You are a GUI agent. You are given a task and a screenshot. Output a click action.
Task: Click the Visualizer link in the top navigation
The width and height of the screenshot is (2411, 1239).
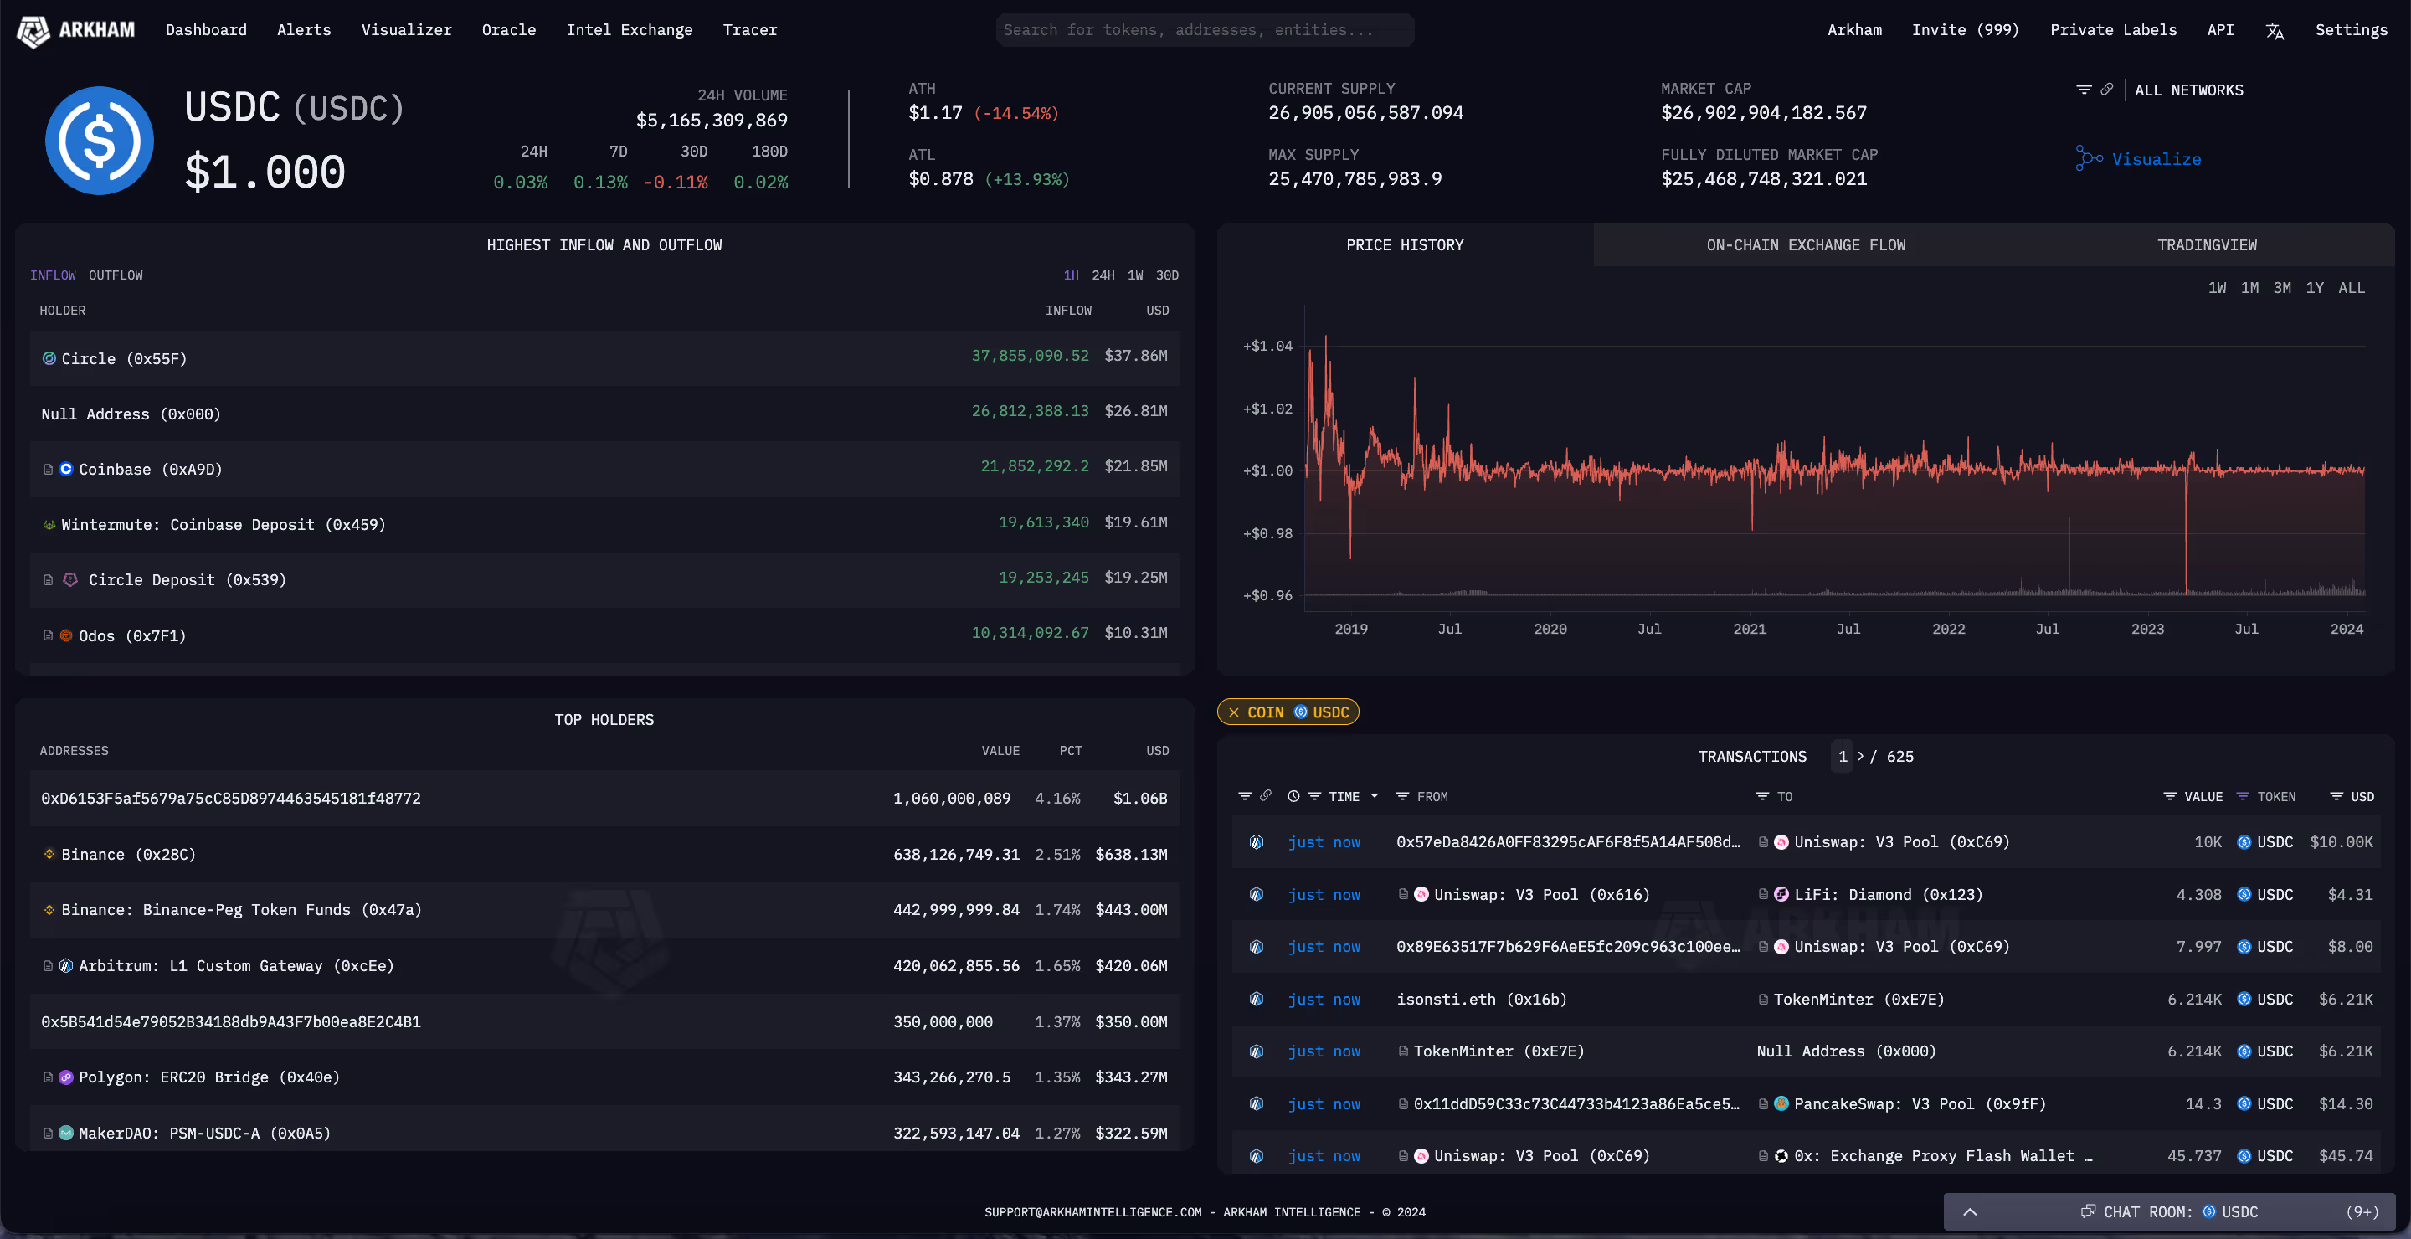pos(406,30)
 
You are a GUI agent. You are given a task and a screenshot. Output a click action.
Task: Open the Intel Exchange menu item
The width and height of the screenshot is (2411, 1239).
pos(629,30)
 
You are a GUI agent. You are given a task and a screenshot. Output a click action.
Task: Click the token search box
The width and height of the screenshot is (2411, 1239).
pos(1204,30)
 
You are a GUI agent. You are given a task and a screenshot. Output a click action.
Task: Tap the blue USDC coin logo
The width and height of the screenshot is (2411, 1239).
pos(100,141)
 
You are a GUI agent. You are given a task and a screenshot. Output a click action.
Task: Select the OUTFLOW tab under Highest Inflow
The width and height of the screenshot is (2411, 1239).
pos(116,275)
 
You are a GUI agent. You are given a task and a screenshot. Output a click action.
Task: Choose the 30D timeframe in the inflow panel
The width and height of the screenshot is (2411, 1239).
pos(1166,275)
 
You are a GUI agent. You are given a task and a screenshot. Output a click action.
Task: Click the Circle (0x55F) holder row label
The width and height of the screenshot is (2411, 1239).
pos(124,358)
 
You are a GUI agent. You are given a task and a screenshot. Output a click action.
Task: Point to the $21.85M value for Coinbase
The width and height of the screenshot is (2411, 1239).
pos(1135,466)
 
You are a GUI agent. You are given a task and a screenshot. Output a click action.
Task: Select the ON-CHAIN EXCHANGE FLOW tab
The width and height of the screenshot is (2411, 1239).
pos(1806,245)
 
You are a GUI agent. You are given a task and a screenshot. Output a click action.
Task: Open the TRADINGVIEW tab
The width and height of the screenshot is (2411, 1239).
pos(2206,245)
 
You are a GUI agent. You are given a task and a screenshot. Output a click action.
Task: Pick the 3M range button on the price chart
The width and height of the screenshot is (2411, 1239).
pos(2282,288)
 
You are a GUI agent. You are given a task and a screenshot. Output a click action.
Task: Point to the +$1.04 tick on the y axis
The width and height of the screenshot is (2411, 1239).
pos(1267,347)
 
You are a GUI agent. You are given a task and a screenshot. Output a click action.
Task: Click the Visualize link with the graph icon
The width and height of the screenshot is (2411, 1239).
pos(2155,159)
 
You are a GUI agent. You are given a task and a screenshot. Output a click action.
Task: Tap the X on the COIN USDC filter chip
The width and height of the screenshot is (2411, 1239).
pos(1234,712)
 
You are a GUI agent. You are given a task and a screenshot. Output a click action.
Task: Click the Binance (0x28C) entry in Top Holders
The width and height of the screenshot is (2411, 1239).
pos(128,855)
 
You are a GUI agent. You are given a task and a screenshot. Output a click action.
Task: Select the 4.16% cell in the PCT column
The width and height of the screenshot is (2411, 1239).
pos(1056,799)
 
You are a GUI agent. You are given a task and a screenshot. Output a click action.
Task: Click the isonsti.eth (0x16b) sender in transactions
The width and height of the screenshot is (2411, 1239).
pos(1481,1000)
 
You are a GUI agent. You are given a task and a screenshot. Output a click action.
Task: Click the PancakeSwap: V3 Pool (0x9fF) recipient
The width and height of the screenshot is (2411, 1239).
pos(1919,1104)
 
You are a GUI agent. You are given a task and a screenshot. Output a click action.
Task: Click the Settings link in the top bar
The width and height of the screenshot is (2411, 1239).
pos(2351,30)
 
